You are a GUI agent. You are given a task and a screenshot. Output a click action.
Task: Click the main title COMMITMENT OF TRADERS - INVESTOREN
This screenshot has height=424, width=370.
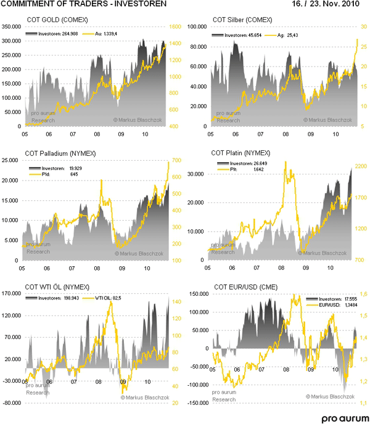point(83,5)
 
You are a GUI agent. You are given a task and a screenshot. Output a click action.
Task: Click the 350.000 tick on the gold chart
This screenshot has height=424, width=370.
point(12,28)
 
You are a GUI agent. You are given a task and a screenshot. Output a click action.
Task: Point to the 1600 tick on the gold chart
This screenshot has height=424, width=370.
point(176,28)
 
